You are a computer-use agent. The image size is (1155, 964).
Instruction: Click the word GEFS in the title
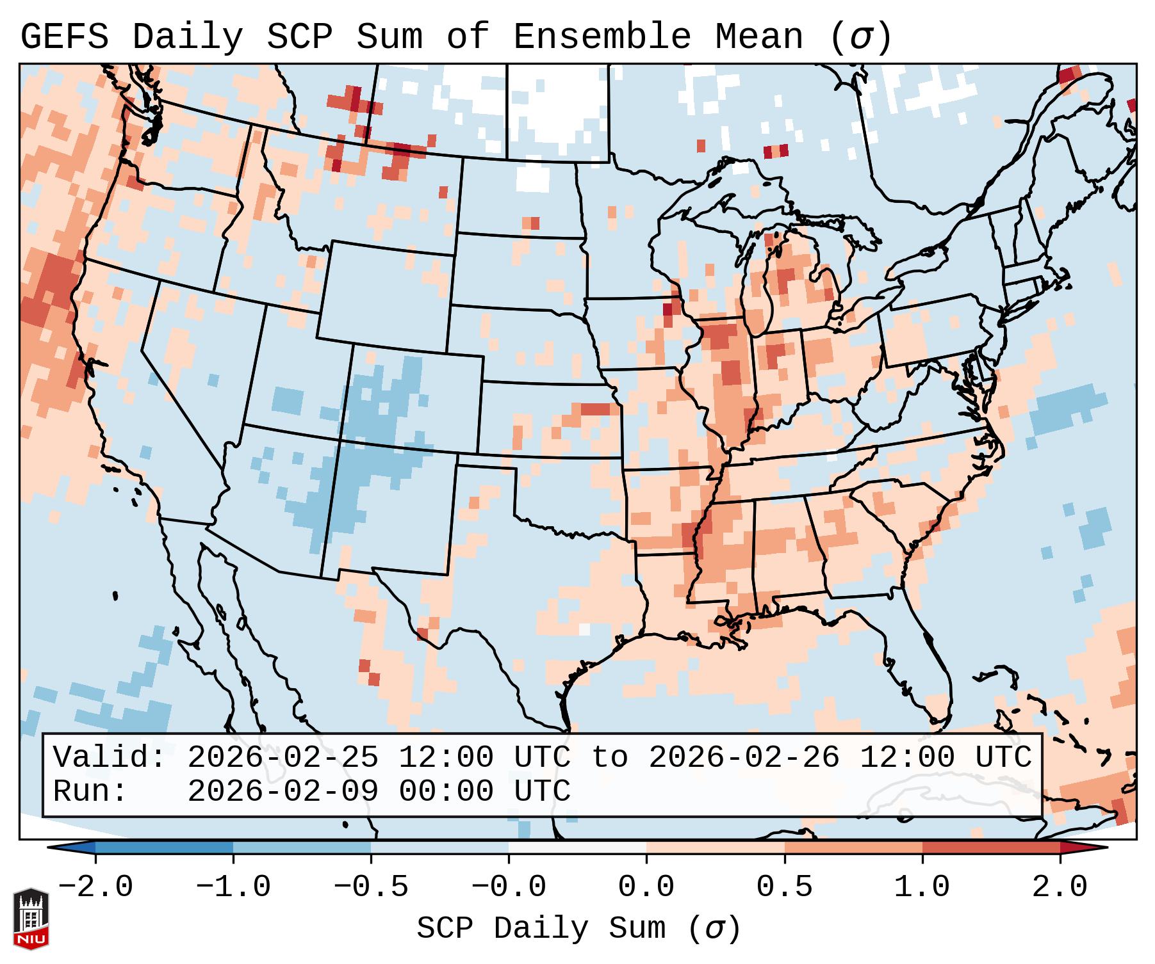click(64, 37)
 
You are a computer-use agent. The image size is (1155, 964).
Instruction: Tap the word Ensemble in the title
click(602, 37)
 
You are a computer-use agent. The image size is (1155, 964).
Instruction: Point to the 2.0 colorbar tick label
click(1060, 887)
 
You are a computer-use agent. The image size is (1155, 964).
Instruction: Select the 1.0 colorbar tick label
click(922, 887)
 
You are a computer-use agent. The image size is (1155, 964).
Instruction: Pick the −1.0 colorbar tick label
click(233, 887)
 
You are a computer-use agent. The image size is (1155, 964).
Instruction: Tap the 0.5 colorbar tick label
click(784, 887)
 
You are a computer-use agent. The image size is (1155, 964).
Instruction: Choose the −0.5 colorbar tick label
click(370, 887)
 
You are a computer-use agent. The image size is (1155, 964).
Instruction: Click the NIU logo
click(31, 919)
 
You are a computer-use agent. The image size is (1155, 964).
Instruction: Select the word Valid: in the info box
click(109, 758)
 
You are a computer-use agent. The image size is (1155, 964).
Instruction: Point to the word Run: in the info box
click(90, 791)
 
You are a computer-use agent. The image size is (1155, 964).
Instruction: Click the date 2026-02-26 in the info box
click(744, 758)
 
